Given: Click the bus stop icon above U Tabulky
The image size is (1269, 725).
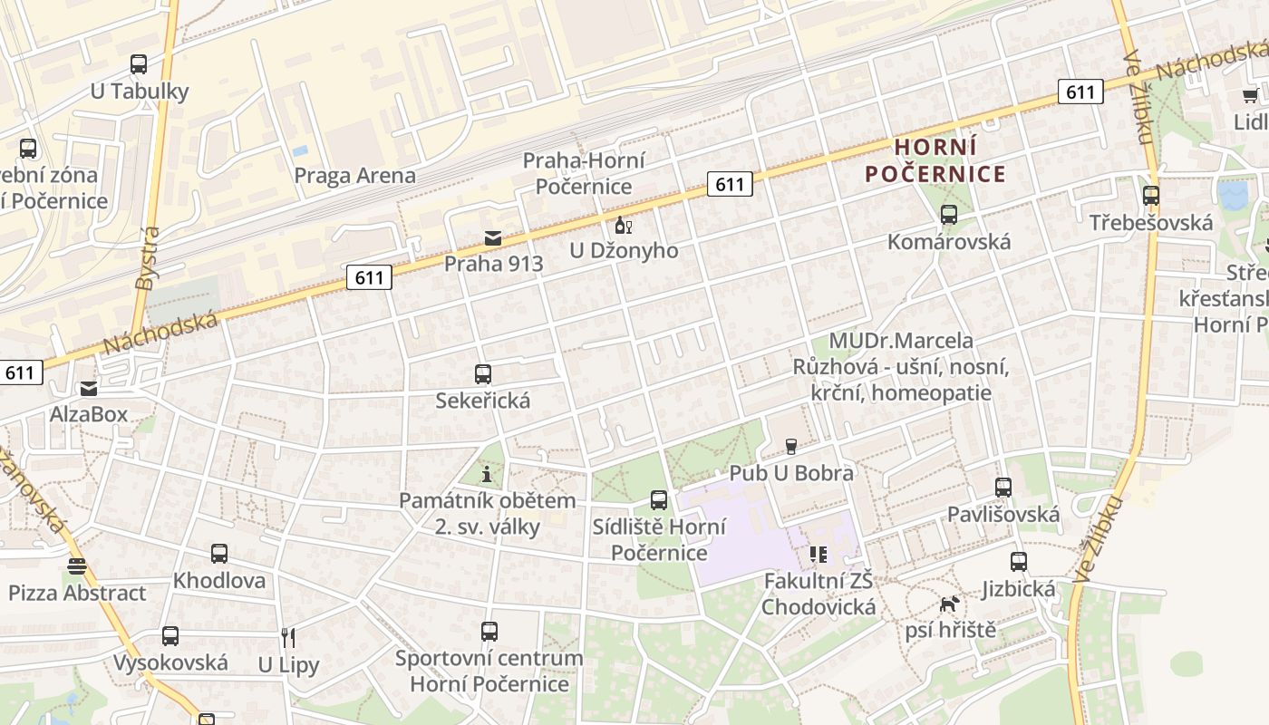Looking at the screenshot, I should (139, 64).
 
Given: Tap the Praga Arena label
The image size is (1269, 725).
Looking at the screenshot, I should (354, 175).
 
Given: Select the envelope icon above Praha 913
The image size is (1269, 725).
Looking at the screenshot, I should (492, 238).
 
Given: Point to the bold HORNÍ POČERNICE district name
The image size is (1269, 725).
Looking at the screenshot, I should (935, 160).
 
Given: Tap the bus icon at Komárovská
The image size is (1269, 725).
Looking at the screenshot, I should (949, 215).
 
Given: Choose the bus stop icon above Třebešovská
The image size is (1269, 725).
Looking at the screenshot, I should (1151, 196).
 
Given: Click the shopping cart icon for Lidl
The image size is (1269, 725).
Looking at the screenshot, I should (1250, 96).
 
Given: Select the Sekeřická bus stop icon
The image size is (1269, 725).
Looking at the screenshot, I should (483, 373).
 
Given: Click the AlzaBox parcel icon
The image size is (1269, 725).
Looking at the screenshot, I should (89, 389).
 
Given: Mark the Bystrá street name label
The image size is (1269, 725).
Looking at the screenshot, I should (147, 258).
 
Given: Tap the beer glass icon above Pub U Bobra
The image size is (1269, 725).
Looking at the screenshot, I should (791, 446).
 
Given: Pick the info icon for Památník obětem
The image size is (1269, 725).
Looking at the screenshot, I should (488, 473).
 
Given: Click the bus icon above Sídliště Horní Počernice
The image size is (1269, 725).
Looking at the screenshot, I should (659, 499).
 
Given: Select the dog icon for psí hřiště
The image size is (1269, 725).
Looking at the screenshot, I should (949, 604).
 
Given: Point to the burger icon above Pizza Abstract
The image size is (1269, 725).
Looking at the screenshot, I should (77, 566).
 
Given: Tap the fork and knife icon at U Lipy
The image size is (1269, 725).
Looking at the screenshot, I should (288, 638).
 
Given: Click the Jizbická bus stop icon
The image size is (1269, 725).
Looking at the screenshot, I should (1019, 562).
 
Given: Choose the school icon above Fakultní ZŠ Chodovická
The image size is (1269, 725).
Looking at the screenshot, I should (819, 554).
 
